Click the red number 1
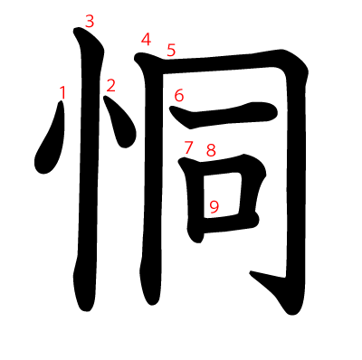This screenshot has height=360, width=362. (x=62, y=92)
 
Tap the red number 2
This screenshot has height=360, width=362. (x=110, y=85)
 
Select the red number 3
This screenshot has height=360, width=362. (x=90, y=22)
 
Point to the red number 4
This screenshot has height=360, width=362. (x=146, y=40)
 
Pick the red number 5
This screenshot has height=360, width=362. (x=171, y=50)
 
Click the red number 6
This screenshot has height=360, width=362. (x=179, y=96)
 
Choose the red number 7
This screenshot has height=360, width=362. (x=188, y=147)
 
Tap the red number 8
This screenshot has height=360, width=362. (x=211, y=150)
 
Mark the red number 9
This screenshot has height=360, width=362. (x=214, y=207)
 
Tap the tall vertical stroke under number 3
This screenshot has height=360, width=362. (x=89, y=169)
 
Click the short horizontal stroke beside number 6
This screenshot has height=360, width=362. (x=224, y=116)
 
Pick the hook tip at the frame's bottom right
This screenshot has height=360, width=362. (x=251, y=272)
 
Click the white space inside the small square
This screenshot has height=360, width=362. (x=223, y=194)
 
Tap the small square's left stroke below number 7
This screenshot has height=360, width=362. (x=193, y=199)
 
